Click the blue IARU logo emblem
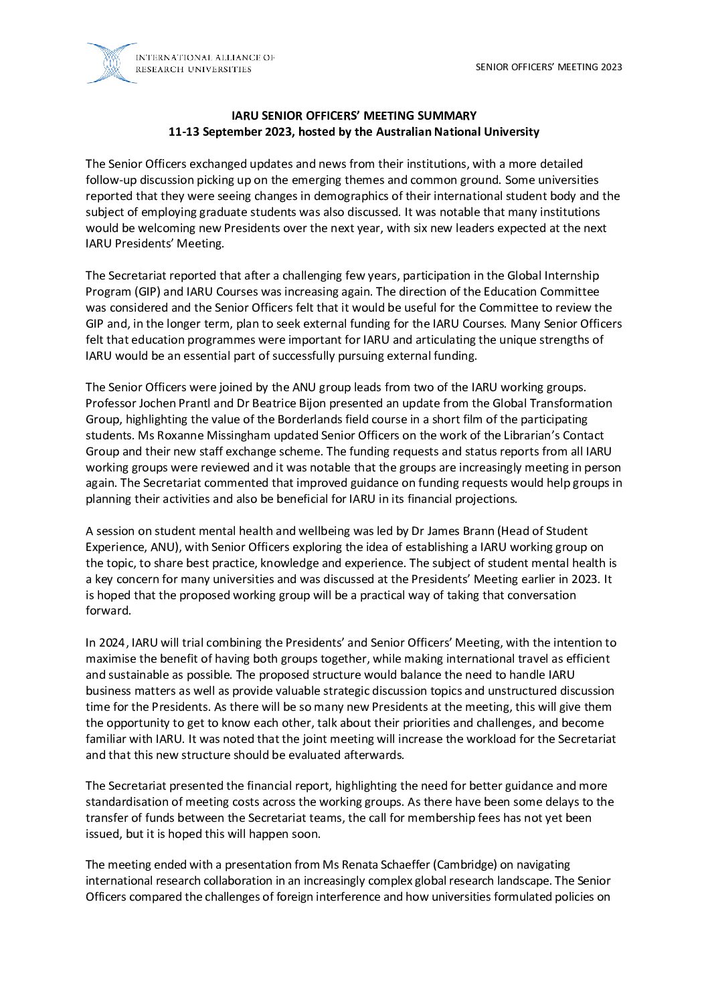click(x=111, y=63)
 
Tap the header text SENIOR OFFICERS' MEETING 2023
click(x=549, y=66)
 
